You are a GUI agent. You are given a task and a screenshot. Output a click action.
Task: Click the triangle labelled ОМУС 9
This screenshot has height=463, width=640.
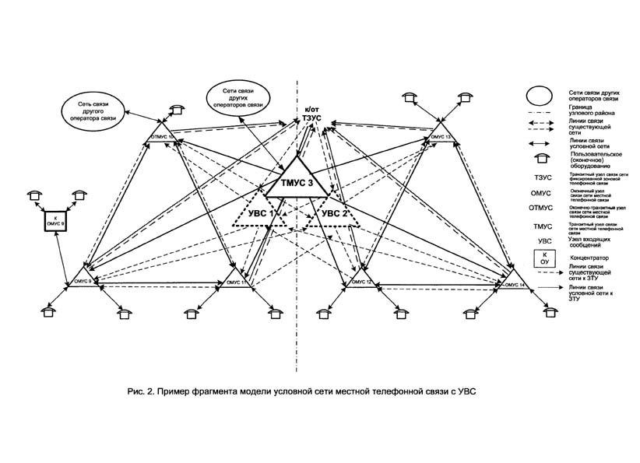[81, 281]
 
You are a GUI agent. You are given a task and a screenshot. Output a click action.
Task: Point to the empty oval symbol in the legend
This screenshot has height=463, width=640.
[538, 96]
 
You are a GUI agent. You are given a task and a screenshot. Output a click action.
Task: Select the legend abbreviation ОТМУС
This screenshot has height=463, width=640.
[540, 208]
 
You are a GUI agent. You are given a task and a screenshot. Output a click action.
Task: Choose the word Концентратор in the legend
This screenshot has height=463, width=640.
[589, 257]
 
